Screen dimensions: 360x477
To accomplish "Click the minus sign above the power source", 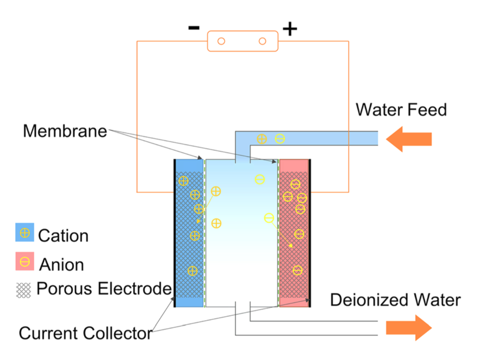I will point(194,28).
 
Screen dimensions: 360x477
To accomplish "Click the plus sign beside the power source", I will point(290,29).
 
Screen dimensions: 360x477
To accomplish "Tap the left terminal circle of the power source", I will point(221,41).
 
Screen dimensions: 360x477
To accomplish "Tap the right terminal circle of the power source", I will point(262,41).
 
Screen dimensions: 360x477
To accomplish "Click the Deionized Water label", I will point(395,300).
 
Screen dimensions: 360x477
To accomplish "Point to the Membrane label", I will point(65,131).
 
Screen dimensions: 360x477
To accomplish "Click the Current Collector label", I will point(85,333).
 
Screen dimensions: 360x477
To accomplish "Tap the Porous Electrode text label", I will point(104,288).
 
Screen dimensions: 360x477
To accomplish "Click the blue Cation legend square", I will point(25,232).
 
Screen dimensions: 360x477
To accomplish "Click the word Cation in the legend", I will point(63,236).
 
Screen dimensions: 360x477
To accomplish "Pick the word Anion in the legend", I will point(62,264).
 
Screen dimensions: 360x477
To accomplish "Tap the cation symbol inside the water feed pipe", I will point(261,139).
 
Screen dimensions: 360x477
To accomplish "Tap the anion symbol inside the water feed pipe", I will point(280,139).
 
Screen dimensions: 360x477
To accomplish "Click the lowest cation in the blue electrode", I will point(192,271).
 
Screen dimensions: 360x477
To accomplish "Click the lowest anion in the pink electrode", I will point(297,270).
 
